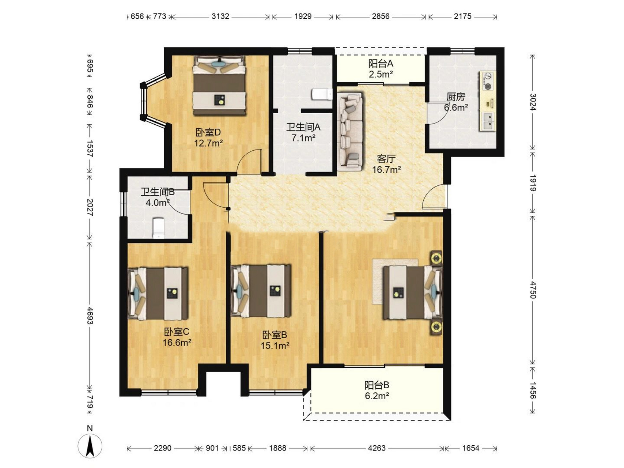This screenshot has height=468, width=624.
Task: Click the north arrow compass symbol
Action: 90,446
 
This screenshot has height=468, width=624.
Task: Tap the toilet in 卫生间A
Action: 322,94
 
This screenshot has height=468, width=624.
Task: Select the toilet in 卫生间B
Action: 158,228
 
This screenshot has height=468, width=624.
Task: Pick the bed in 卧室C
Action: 158,294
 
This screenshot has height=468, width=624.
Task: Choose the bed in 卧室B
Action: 261,291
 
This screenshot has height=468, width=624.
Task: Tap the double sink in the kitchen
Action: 488,121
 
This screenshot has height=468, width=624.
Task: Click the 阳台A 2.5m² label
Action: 381,69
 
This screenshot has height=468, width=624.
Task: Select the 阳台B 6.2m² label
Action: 377,390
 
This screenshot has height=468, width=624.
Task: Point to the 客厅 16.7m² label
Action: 386,164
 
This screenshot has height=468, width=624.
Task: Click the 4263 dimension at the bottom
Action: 377,448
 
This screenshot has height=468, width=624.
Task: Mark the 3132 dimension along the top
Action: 220,16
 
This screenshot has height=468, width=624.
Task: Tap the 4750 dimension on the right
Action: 533,290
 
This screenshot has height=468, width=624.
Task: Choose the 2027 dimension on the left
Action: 90,207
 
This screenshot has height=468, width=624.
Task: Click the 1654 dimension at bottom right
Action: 470,448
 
